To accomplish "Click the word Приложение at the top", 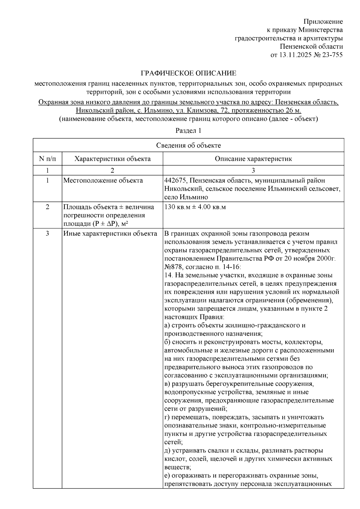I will click(323, 22).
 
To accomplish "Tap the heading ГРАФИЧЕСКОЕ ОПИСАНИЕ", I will click(188, 73).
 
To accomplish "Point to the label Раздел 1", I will click(188, 131).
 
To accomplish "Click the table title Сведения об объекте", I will click(188, 145).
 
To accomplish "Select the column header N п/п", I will click(47, 159).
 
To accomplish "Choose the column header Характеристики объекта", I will click(112, 159).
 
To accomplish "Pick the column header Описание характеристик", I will click(253, 159).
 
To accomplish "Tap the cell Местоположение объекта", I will click(103, 180).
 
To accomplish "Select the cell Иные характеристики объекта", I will click(110, 234).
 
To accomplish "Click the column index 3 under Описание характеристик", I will click(253, 170).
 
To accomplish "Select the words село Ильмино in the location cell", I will click(186, 197).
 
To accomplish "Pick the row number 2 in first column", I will click(47, 207).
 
